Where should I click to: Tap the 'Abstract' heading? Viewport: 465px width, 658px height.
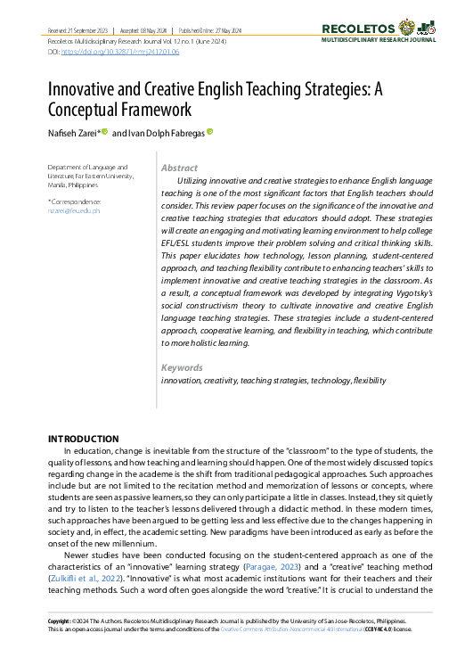click(180, 168)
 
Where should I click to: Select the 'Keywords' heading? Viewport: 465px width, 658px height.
click(182, 367)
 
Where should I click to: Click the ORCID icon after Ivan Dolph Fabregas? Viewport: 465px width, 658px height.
click(210, 132)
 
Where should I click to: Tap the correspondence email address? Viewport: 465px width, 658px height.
click(74, 210)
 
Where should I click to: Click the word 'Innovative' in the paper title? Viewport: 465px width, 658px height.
click(87, 90)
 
